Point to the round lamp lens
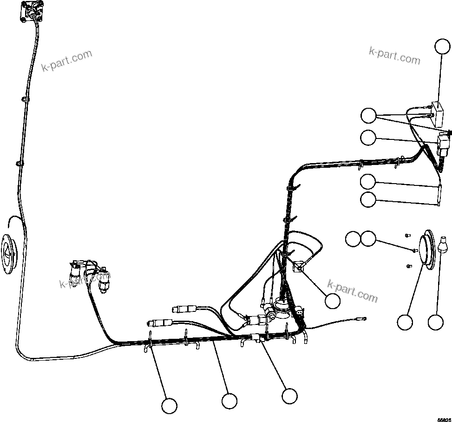click(x=426, y=251)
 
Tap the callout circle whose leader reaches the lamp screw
click(x=369, y=239)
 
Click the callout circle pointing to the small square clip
click(x=333, y=301)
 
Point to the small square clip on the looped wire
click(x=298, y=267)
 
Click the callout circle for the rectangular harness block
click(x=289, y=396)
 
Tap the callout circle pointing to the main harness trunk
click(x=229, y=400)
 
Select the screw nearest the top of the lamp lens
click(x=408, y=235)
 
